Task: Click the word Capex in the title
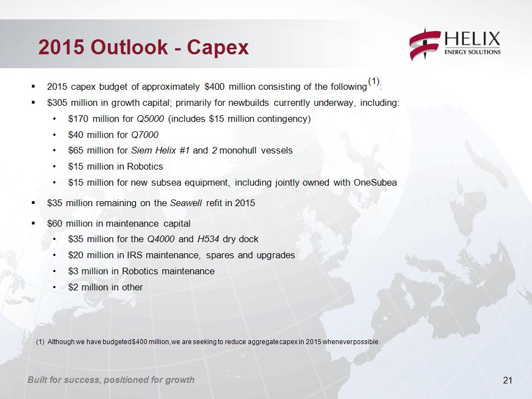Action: (218, 47)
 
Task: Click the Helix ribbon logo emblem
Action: (425, 44)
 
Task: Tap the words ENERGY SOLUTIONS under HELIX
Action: (473, 52)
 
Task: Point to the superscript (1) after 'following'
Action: (374, 81)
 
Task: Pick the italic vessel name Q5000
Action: (150, 119)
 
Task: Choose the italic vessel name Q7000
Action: (145, 135)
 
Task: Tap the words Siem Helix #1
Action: (161, 151)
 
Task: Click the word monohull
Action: (238, 151)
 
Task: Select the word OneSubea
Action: (375, 182)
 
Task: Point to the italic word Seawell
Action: (186, 203)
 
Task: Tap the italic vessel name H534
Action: (208, 239)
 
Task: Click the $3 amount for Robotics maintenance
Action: (73, 272)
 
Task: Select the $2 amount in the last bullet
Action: (73, 288)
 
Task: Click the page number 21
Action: (508, 380)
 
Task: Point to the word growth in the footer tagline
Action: (180, 380)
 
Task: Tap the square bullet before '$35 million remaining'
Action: (33, 203)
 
